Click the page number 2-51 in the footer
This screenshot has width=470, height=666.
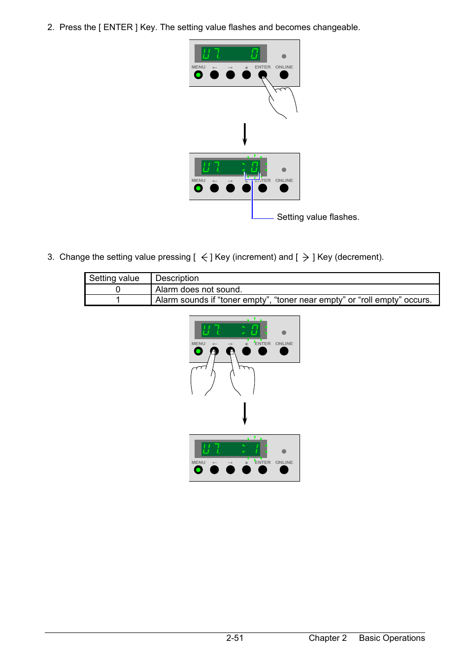[x=235, y=638]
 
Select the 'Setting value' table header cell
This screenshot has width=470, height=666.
[x=118, y=278]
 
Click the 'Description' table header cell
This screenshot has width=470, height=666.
[x=295, y=278]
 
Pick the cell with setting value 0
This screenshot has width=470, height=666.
[x=118, y=289]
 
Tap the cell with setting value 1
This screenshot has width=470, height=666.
[x=118, y=300]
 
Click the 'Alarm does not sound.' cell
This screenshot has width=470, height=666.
[x=295, y=289]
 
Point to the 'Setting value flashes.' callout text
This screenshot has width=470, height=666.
[x=318, y=217]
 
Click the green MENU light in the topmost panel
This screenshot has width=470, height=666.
[x=198, y=74]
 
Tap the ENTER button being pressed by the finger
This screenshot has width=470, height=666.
[x=262, y=74]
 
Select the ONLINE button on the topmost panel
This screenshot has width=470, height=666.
[x=284, y=74]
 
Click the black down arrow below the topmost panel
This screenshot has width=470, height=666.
[x=244, y=135]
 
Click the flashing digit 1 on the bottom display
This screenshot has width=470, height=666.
[x=256, y=449]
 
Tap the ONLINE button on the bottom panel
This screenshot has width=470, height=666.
[x=284, y=470]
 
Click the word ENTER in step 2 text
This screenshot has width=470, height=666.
[x=118, y=27]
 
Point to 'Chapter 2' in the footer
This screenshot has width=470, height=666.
[x=328, y=638]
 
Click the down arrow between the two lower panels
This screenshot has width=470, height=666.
[x=244, y=414]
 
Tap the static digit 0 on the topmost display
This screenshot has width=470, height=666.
[x=255, y=54]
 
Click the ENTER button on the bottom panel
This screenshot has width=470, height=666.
[x=262, y=470]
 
